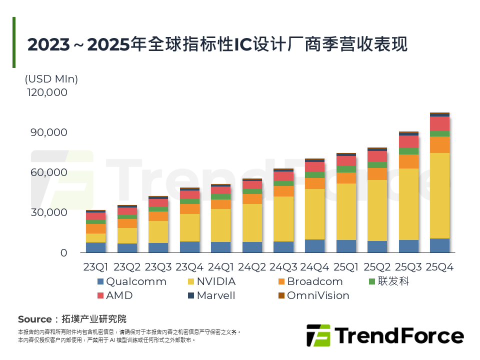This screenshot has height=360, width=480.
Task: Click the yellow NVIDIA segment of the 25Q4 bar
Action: point(439,195)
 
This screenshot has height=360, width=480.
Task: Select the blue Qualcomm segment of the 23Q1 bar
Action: point(95,247)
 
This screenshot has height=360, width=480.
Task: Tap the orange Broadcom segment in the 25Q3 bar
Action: point(408,161)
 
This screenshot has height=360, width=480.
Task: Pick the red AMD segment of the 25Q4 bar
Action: point(439,123)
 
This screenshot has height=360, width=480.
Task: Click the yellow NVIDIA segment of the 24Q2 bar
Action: point(252,223)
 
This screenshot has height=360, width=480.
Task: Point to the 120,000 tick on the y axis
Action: point(45,92)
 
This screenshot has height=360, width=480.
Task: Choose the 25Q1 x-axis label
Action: point(346,267)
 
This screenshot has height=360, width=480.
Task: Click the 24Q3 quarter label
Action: point(283,267)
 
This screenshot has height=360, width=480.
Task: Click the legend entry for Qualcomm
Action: point(131,281)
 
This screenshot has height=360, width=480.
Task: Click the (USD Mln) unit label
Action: point(51,79)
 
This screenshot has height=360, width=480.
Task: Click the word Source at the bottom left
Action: point(34,319)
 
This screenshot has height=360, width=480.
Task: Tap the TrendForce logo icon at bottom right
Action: point(318,335)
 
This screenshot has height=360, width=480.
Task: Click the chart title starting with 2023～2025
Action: point(217,44)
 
